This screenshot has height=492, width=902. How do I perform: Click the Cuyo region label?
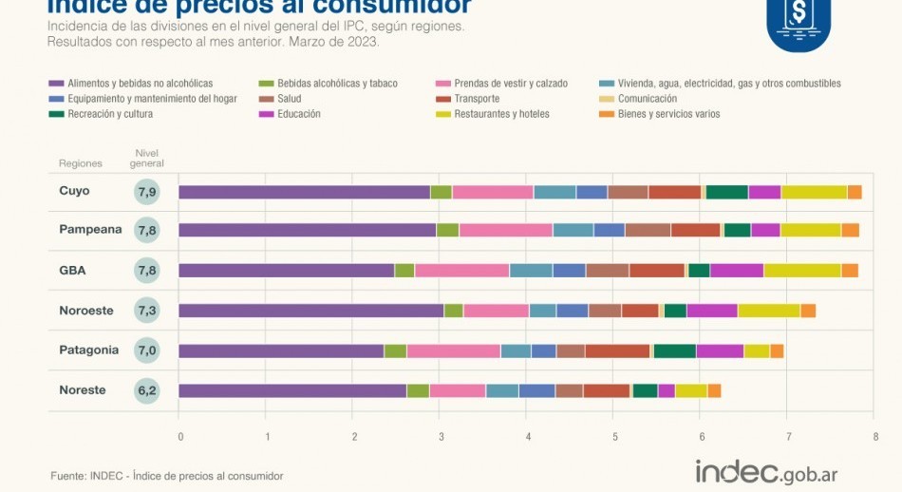click(x=74, y=191)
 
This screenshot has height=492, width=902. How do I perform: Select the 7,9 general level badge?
click(x=146, y=192)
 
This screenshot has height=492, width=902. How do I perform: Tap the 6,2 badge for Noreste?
click(x=146, y=390)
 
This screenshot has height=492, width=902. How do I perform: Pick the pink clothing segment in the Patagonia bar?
click(x=453, y=350)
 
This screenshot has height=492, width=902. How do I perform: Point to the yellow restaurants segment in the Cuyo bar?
click(x=814, y=192)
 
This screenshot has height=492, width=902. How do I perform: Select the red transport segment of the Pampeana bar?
click(x=696, y=231)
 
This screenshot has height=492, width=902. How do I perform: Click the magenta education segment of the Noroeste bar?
click(x=712, y=311)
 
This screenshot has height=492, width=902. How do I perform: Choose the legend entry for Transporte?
click(x=476, y=99)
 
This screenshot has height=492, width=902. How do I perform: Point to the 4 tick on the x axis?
click(x=529, y=437)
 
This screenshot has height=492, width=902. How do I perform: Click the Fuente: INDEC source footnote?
click(x=166, y=476)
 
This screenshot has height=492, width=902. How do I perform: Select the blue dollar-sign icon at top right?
click(x=798, y=20)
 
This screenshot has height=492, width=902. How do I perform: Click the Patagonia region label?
click(x=89, y=350)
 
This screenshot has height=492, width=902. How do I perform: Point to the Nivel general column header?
click(x=146, y=158)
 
